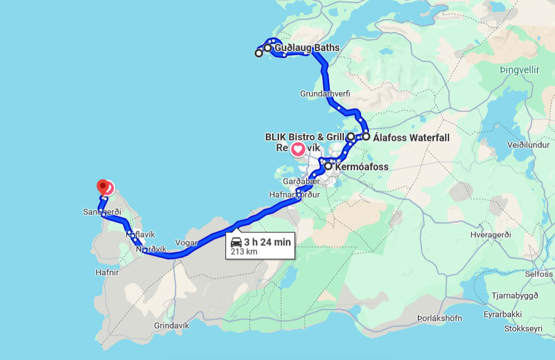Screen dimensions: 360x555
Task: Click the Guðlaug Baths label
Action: [x=307, y=48]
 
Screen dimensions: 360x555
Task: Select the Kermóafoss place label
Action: [x=361, y=167]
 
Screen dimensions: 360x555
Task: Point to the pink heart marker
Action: [x=298, y=149]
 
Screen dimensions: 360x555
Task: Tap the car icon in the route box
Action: [x=236, y=242]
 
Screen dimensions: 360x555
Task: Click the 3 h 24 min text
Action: [x=267, y=242]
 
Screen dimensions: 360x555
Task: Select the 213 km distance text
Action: [x=244, y=252]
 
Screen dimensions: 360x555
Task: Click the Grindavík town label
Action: [x=171, y=326]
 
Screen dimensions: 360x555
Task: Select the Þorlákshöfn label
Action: [x=439, y=318]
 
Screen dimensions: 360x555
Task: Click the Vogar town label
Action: [x=186, y=242]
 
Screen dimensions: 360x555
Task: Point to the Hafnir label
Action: [x=108, y=272]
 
